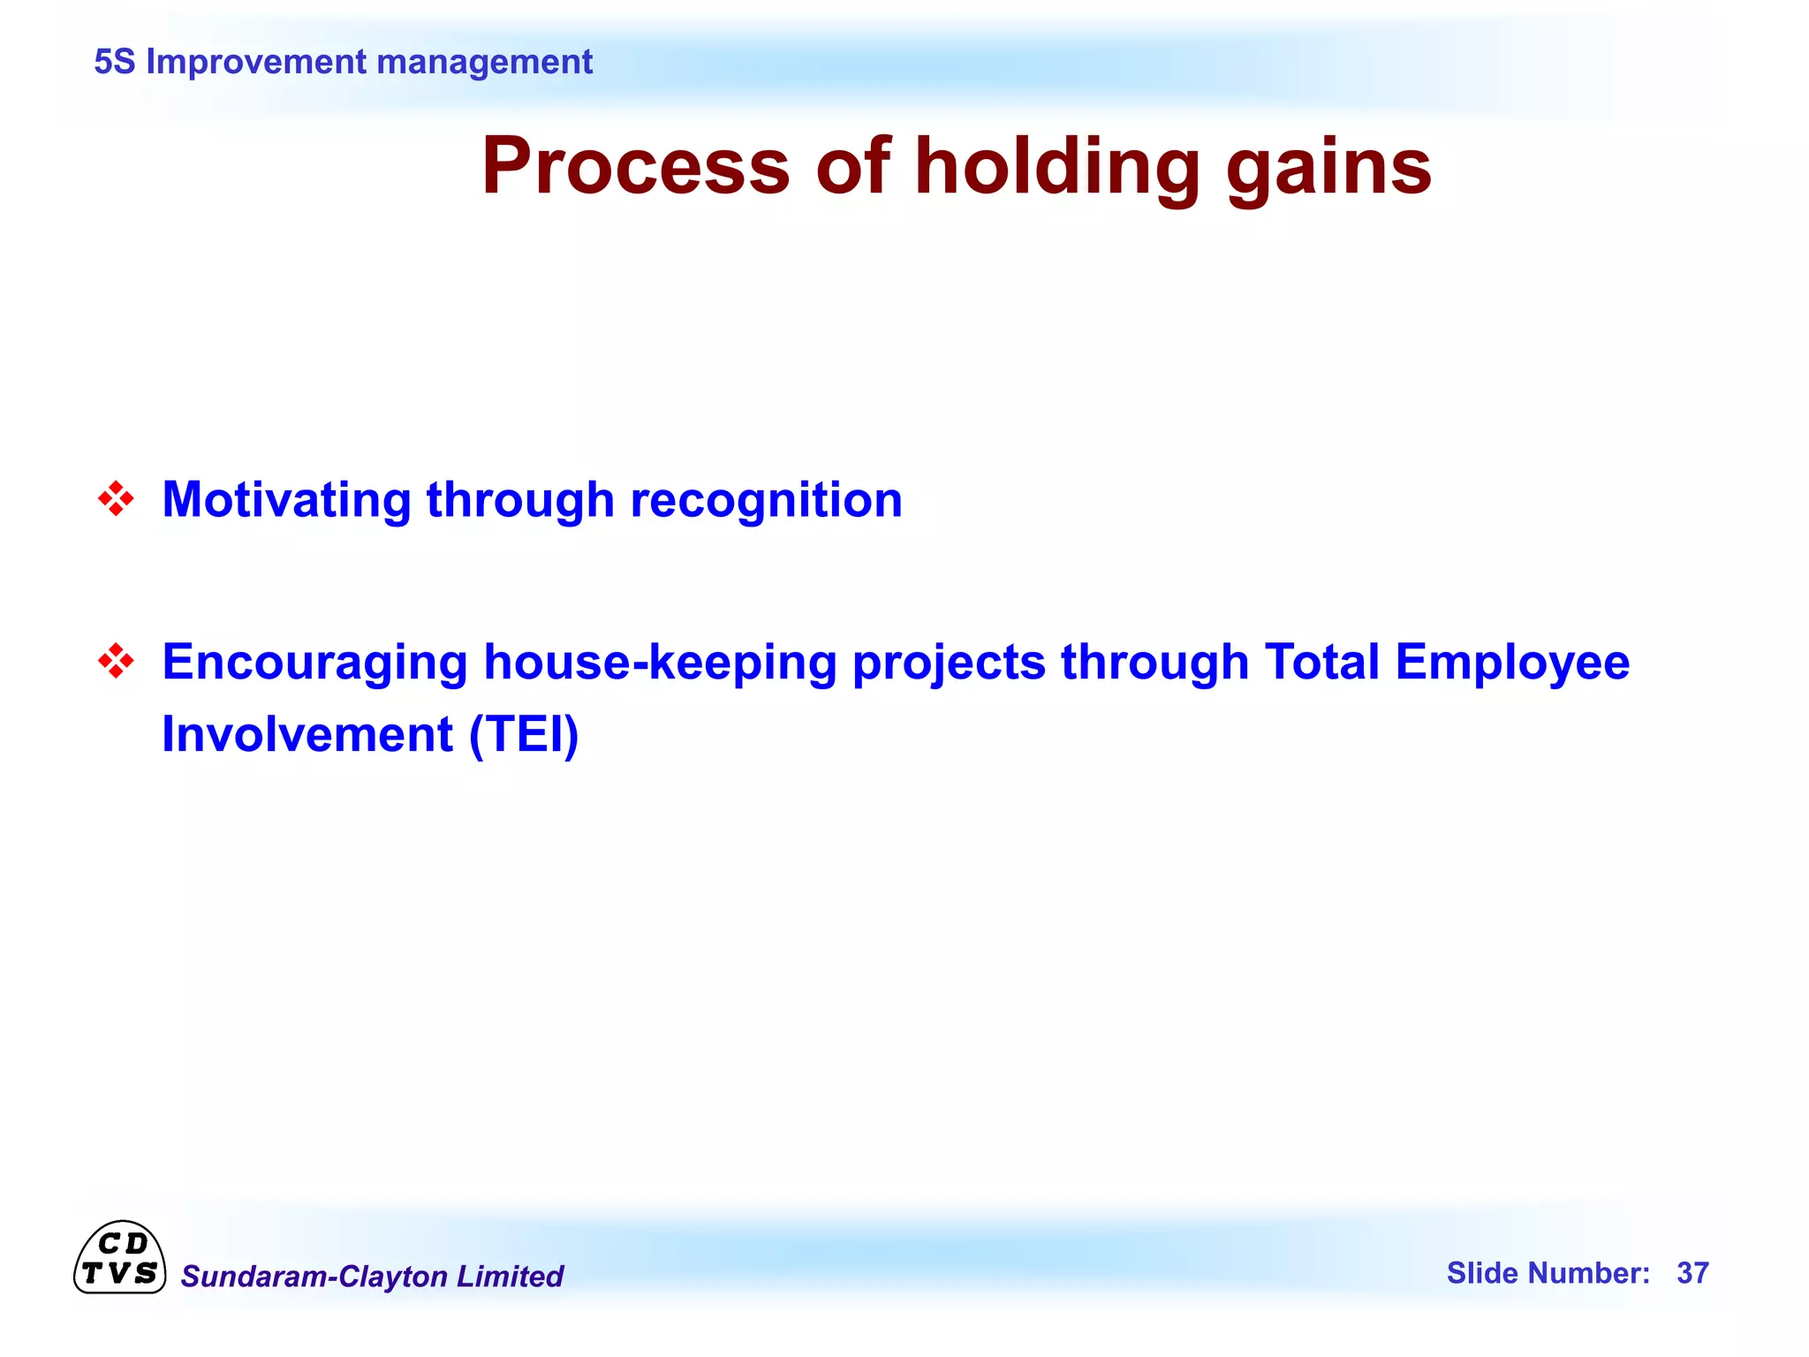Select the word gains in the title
coord(1328,168)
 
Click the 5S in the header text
coord(114,62)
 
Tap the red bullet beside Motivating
coord(116,499)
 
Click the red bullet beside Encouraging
coord(116,661)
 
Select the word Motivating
coord(286,500)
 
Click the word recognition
coord(766,500)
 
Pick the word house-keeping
coord(660,663)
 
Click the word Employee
coord(1512,663)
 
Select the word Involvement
coord(307,735)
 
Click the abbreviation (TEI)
coord(524,735)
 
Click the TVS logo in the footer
coord(119,1259)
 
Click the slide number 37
coord(1692,1273)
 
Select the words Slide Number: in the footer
coord(1548,1273)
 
